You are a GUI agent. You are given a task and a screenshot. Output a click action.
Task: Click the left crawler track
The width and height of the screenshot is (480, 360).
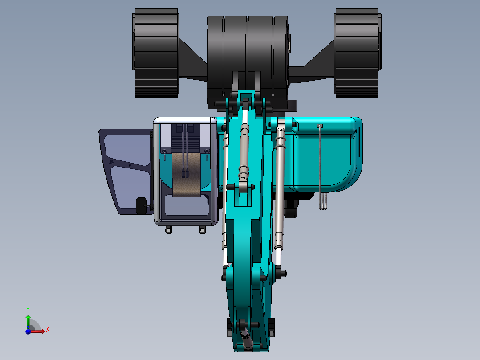(x=156, y=53)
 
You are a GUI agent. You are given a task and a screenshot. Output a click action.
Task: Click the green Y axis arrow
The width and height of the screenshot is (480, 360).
(x=28, y=320)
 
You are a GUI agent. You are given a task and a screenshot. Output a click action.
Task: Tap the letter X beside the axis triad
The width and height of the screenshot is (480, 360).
(x=48, y=329)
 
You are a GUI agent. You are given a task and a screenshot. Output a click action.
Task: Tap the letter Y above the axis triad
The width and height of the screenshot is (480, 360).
(x=28, y=309)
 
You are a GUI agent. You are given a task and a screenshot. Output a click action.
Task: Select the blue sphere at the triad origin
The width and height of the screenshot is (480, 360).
(x=28, y=331)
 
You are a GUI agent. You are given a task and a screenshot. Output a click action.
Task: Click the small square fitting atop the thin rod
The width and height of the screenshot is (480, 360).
(x=319, y=126)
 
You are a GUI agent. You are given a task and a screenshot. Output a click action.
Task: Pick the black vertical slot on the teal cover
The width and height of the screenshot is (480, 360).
(x=357, y=143)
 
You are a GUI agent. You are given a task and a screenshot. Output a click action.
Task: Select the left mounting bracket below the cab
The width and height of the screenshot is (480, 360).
(x=168, y=229)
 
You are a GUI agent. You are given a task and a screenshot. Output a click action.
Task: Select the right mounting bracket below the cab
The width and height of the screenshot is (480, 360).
(x=202, y=229)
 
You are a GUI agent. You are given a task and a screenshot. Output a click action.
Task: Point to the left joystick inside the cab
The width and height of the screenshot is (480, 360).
(x=165, y=153)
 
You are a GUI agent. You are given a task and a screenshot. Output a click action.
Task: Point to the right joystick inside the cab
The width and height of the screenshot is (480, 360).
(x=207, y=153)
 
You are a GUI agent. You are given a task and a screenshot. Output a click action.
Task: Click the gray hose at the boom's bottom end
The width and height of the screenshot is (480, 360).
(x=246, y=341)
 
